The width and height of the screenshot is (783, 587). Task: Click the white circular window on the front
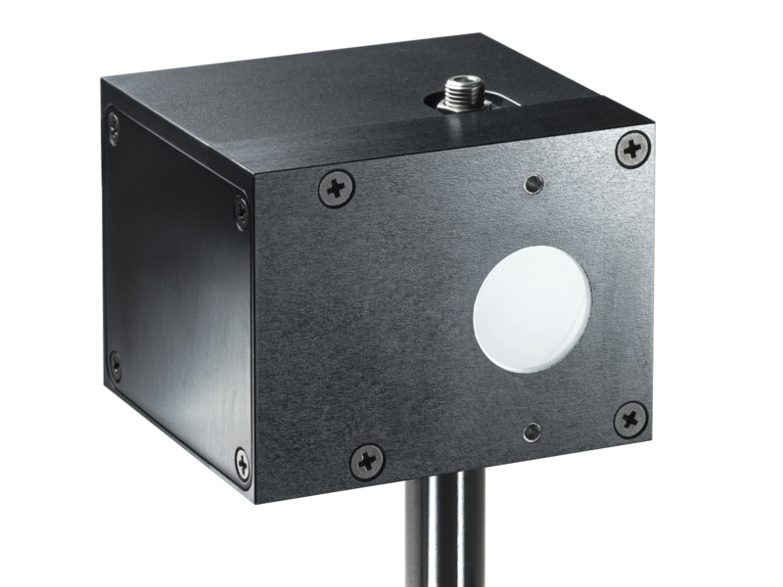532,308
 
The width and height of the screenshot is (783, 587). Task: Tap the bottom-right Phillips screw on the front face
630,418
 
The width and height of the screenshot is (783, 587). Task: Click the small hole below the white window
531,430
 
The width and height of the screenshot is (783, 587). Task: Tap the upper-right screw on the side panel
241,211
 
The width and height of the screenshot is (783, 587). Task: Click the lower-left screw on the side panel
115,366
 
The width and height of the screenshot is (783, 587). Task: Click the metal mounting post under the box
444,548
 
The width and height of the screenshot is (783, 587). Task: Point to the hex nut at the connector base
457,104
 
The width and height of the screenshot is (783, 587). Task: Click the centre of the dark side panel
176,293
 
